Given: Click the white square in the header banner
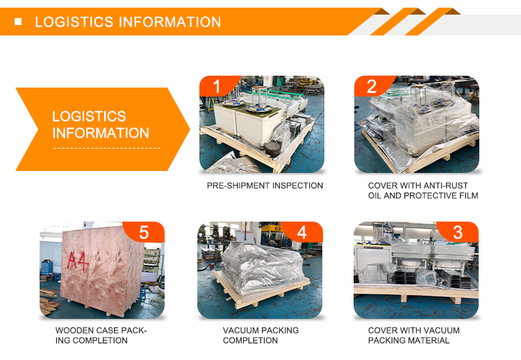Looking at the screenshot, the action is [x=18, y=22].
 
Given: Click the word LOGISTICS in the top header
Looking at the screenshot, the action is [x=74, y=22].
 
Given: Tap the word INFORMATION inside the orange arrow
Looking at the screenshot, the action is [x=101, y=133].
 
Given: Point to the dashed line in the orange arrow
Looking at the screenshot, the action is [x=107, y=148].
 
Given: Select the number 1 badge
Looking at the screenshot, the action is [x=217, y=86].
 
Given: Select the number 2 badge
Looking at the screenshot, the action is [x=372, y=86].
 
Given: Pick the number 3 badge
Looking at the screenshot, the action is [x=458, y=232].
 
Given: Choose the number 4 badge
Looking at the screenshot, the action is [x=301, y=232].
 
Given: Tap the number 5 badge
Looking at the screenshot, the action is [x=144, y=232].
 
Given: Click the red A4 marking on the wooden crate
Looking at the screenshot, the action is [x=78, y=261].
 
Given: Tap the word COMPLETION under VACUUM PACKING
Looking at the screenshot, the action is [x=250, y=341].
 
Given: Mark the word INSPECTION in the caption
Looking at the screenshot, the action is [x=297, y=186].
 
